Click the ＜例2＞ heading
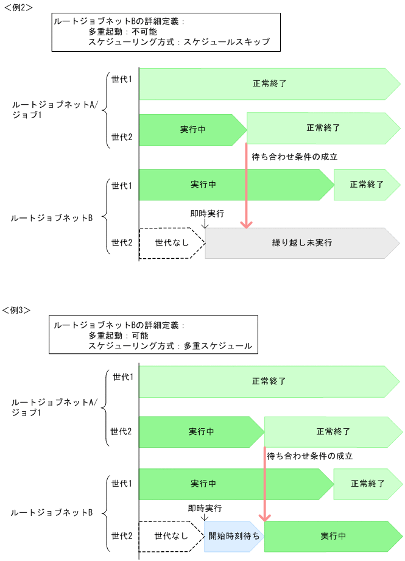pos(18,7)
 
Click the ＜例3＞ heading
pos(18,309)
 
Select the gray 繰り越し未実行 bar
pos(301,243)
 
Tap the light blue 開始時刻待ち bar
pos(233,536)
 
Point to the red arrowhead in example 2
pos(246,224)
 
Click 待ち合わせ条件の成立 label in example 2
pos(294,157)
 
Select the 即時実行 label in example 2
pos(207,214)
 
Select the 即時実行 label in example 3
pos(205,507)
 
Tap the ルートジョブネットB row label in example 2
pos(52,217)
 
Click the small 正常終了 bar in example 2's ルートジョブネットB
pos(366,185)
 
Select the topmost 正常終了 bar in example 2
pos(269,83)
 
